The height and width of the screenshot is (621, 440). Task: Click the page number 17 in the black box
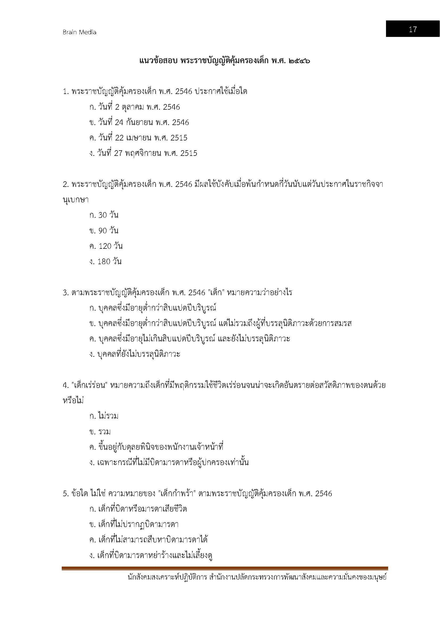(412, 29)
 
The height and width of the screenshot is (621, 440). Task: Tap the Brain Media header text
(79, 32)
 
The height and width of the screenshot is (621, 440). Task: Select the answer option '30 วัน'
(104, 215)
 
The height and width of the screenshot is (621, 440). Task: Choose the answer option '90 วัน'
(104, 230)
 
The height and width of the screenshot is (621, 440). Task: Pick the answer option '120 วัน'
(106, 246)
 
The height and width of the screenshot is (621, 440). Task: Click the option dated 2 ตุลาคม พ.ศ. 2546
(134, 107)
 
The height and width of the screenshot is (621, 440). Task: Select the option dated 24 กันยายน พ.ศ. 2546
(139, 122)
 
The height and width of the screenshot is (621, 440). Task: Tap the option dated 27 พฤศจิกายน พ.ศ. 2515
(143, 153)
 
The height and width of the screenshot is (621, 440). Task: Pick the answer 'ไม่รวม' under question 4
(104, 416)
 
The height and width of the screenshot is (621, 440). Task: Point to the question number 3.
(65, 293)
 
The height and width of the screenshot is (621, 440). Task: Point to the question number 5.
(65, 494)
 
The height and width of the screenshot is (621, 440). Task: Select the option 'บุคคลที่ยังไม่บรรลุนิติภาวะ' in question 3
(135, 354)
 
